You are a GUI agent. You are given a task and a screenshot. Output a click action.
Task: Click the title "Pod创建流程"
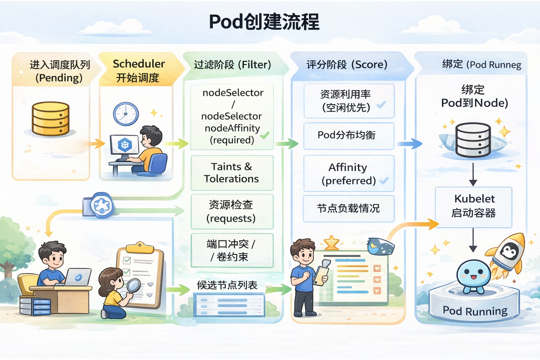[x=264, y=22]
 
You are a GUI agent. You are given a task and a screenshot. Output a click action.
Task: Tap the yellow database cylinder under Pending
[x=51, y=119]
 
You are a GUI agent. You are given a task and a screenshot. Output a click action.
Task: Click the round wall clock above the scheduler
[x=126, y=114]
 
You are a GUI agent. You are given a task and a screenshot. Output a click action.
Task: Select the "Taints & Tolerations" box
[x=232, y=173]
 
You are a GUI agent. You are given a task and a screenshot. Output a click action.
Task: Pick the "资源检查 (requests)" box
[x=232, y=211]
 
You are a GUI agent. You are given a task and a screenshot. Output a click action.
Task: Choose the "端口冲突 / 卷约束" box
[x=232, y=250]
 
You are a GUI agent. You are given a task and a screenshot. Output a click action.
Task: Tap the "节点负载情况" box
[x=348, y=208]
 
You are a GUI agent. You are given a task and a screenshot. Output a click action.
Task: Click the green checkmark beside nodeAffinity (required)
[x=265, y=135]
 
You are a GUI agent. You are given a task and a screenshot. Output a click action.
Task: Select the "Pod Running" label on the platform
[x=475, y=311]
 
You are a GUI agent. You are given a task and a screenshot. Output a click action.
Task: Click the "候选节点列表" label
[x=227, y=285]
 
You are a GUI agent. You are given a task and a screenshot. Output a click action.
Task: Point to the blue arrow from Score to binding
[x=410, y=143]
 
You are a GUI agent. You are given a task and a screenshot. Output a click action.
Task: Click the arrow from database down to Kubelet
[x=473, y=174]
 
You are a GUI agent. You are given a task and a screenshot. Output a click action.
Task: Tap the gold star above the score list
[x=331, y=243]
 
